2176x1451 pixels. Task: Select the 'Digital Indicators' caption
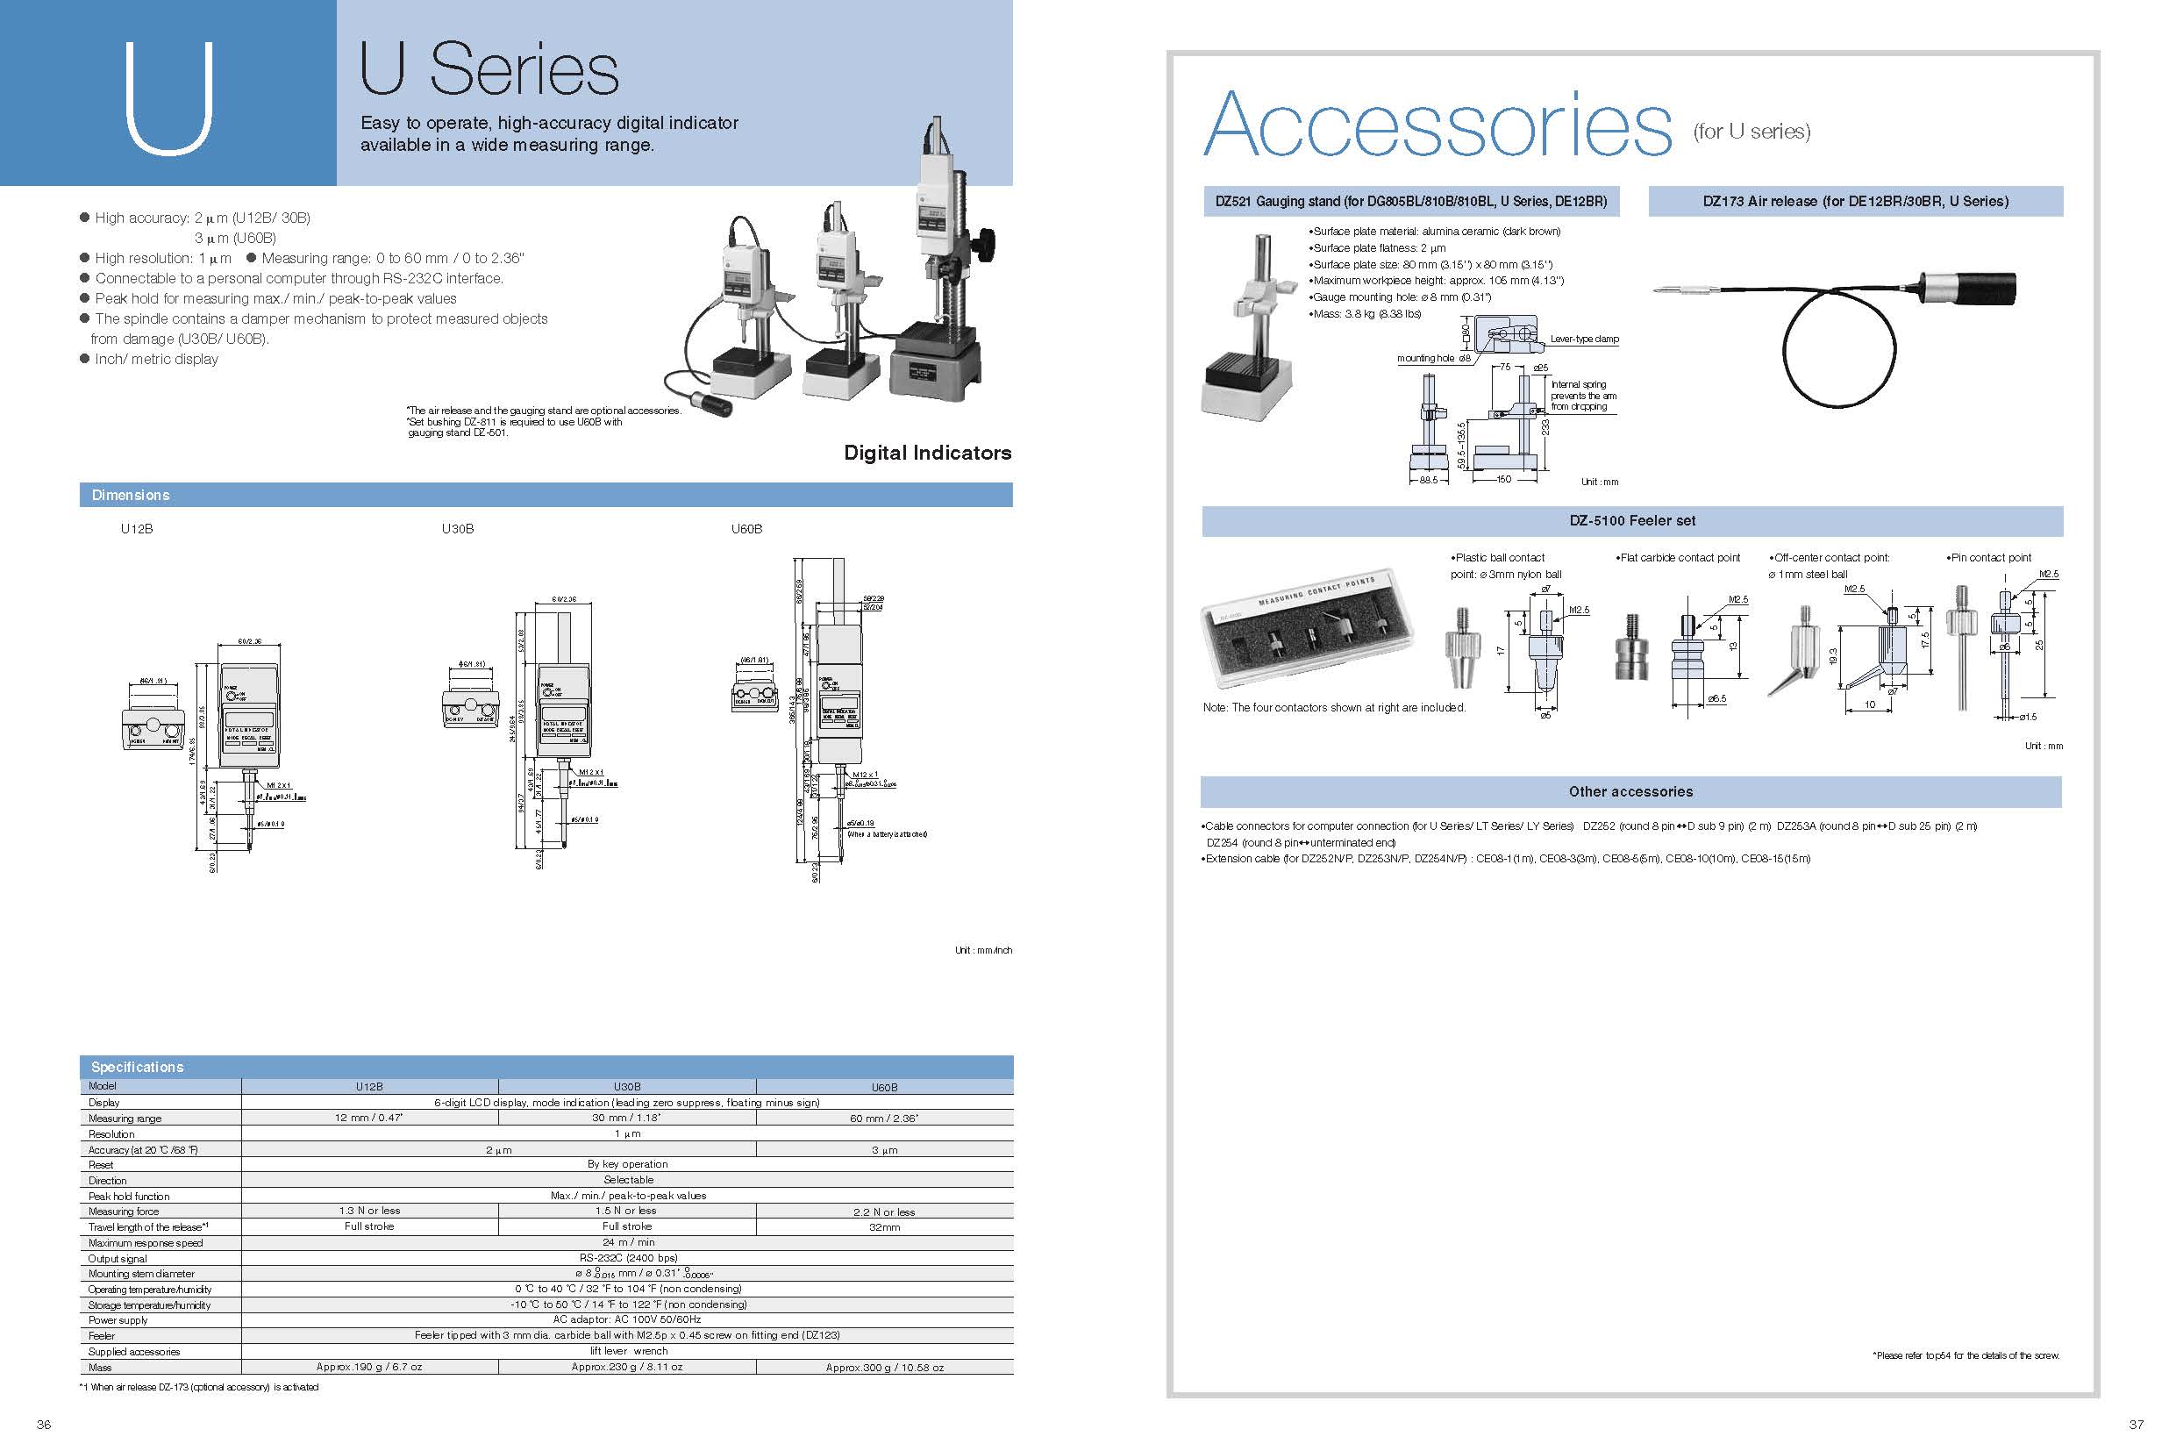[x=927, y=453]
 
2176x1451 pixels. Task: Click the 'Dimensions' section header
[x=131, y=495]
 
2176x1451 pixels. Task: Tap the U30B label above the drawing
[x=457, y=528]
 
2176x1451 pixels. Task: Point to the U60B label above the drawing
[x=746, y=528]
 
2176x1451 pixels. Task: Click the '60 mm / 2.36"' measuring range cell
[x=883, y=1118]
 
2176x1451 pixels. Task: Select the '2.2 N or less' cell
[x=883, y=1212]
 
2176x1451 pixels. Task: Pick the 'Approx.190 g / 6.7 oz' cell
[x=369, y=1367]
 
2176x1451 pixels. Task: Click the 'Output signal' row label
[x=118, y=1259]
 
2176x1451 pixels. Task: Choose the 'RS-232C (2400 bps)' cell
[x=627, y=1258]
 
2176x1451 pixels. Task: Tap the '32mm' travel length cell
[x=883, y=1227]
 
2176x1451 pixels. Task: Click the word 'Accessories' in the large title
[x=1437, y=125]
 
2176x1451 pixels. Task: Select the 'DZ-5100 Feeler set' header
[x=1632, y=520]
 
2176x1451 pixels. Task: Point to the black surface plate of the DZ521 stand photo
[x=1243, y=371]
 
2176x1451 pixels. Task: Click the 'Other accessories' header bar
[x=1630, y=791]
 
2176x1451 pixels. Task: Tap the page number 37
[x=2137, y=1424]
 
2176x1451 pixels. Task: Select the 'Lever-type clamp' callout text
[x=1584, y=339]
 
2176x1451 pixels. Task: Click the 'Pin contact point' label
[x=1990, y=557]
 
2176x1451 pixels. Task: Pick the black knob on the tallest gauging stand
[x=986, y=243]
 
